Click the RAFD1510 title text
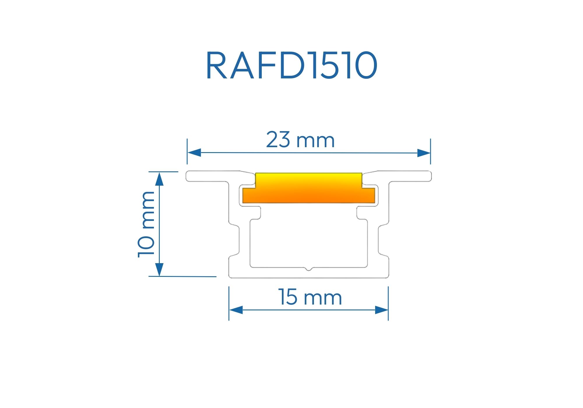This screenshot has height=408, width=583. coord(291,65)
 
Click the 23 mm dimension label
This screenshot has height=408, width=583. coord(300,140)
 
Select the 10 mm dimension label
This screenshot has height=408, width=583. coord(146,224)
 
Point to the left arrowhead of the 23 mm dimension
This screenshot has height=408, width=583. coord(194,152)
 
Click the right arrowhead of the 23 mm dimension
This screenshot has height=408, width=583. coord(424,153)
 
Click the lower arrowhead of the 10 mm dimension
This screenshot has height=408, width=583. coord(159,269)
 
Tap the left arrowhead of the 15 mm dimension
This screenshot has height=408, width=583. coord(236,310)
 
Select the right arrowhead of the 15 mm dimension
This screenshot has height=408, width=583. coord(382,310)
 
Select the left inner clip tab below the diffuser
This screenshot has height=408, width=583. coord(256,212)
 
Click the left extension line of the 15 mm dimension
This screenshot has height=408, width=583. coord(229,303)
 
